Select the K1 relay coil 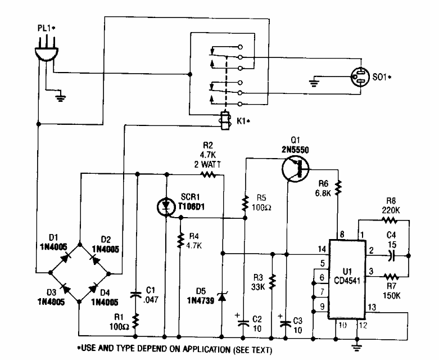click(225, 121)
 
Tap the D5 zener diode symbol click(223, 296)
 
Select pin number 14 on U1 click(322, 248)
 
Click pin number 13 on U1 click(372, 307)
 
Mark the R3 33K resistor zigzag click(272, 280)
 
